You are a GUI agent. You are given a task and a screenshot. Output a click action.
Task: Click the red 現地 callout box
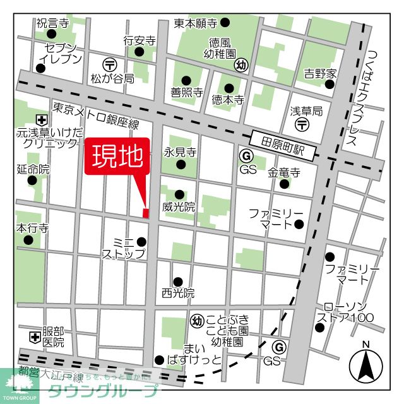pos(117,156)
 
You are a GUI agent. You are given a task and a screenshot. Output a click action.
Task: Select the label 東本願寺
pos(195,23)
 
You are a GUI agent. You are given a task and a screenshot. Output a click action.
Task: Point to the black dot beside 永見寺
pos(181,165)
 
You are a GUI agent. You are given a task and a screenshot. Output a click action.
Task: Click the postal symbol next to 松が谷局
pos(109,64)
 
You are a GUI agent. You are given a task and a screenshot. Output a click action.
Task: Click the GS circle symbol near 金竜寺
pos(246,155)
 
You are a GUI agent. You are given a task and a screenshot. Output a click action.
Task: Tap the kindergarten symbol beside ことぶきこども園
pos(196,320)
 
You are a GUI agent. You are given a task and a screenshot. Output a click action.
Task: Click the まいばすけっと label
pos(194,354)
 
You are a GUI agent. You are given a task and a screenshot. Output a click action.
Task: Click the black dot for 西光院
pos(178,282)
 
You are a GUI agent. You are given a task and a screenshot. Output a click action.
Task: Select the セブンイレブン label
pos(61,54)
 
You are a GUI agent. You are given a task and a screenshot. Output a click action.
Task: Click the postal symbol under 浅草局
pos(302,124)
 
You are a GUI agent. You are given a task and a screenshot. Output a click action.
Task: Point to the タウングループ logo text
pos(104,390)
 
